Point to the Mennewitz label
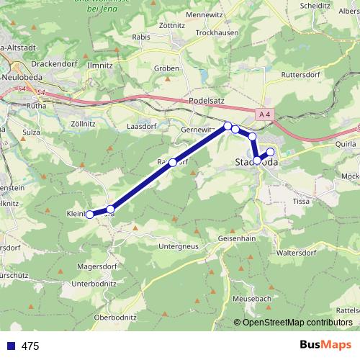pos(205,14)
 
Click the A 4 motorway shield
pos(265,113)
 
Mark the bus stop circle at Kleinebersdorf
pos(90,214)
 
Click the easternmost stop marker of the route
pos(271,151)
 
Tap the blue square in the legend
pos(10,346)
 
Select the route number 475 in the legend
pos(30,346)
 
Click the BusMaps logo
pos(325,346)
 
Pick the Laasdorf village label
pos(141,125)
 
